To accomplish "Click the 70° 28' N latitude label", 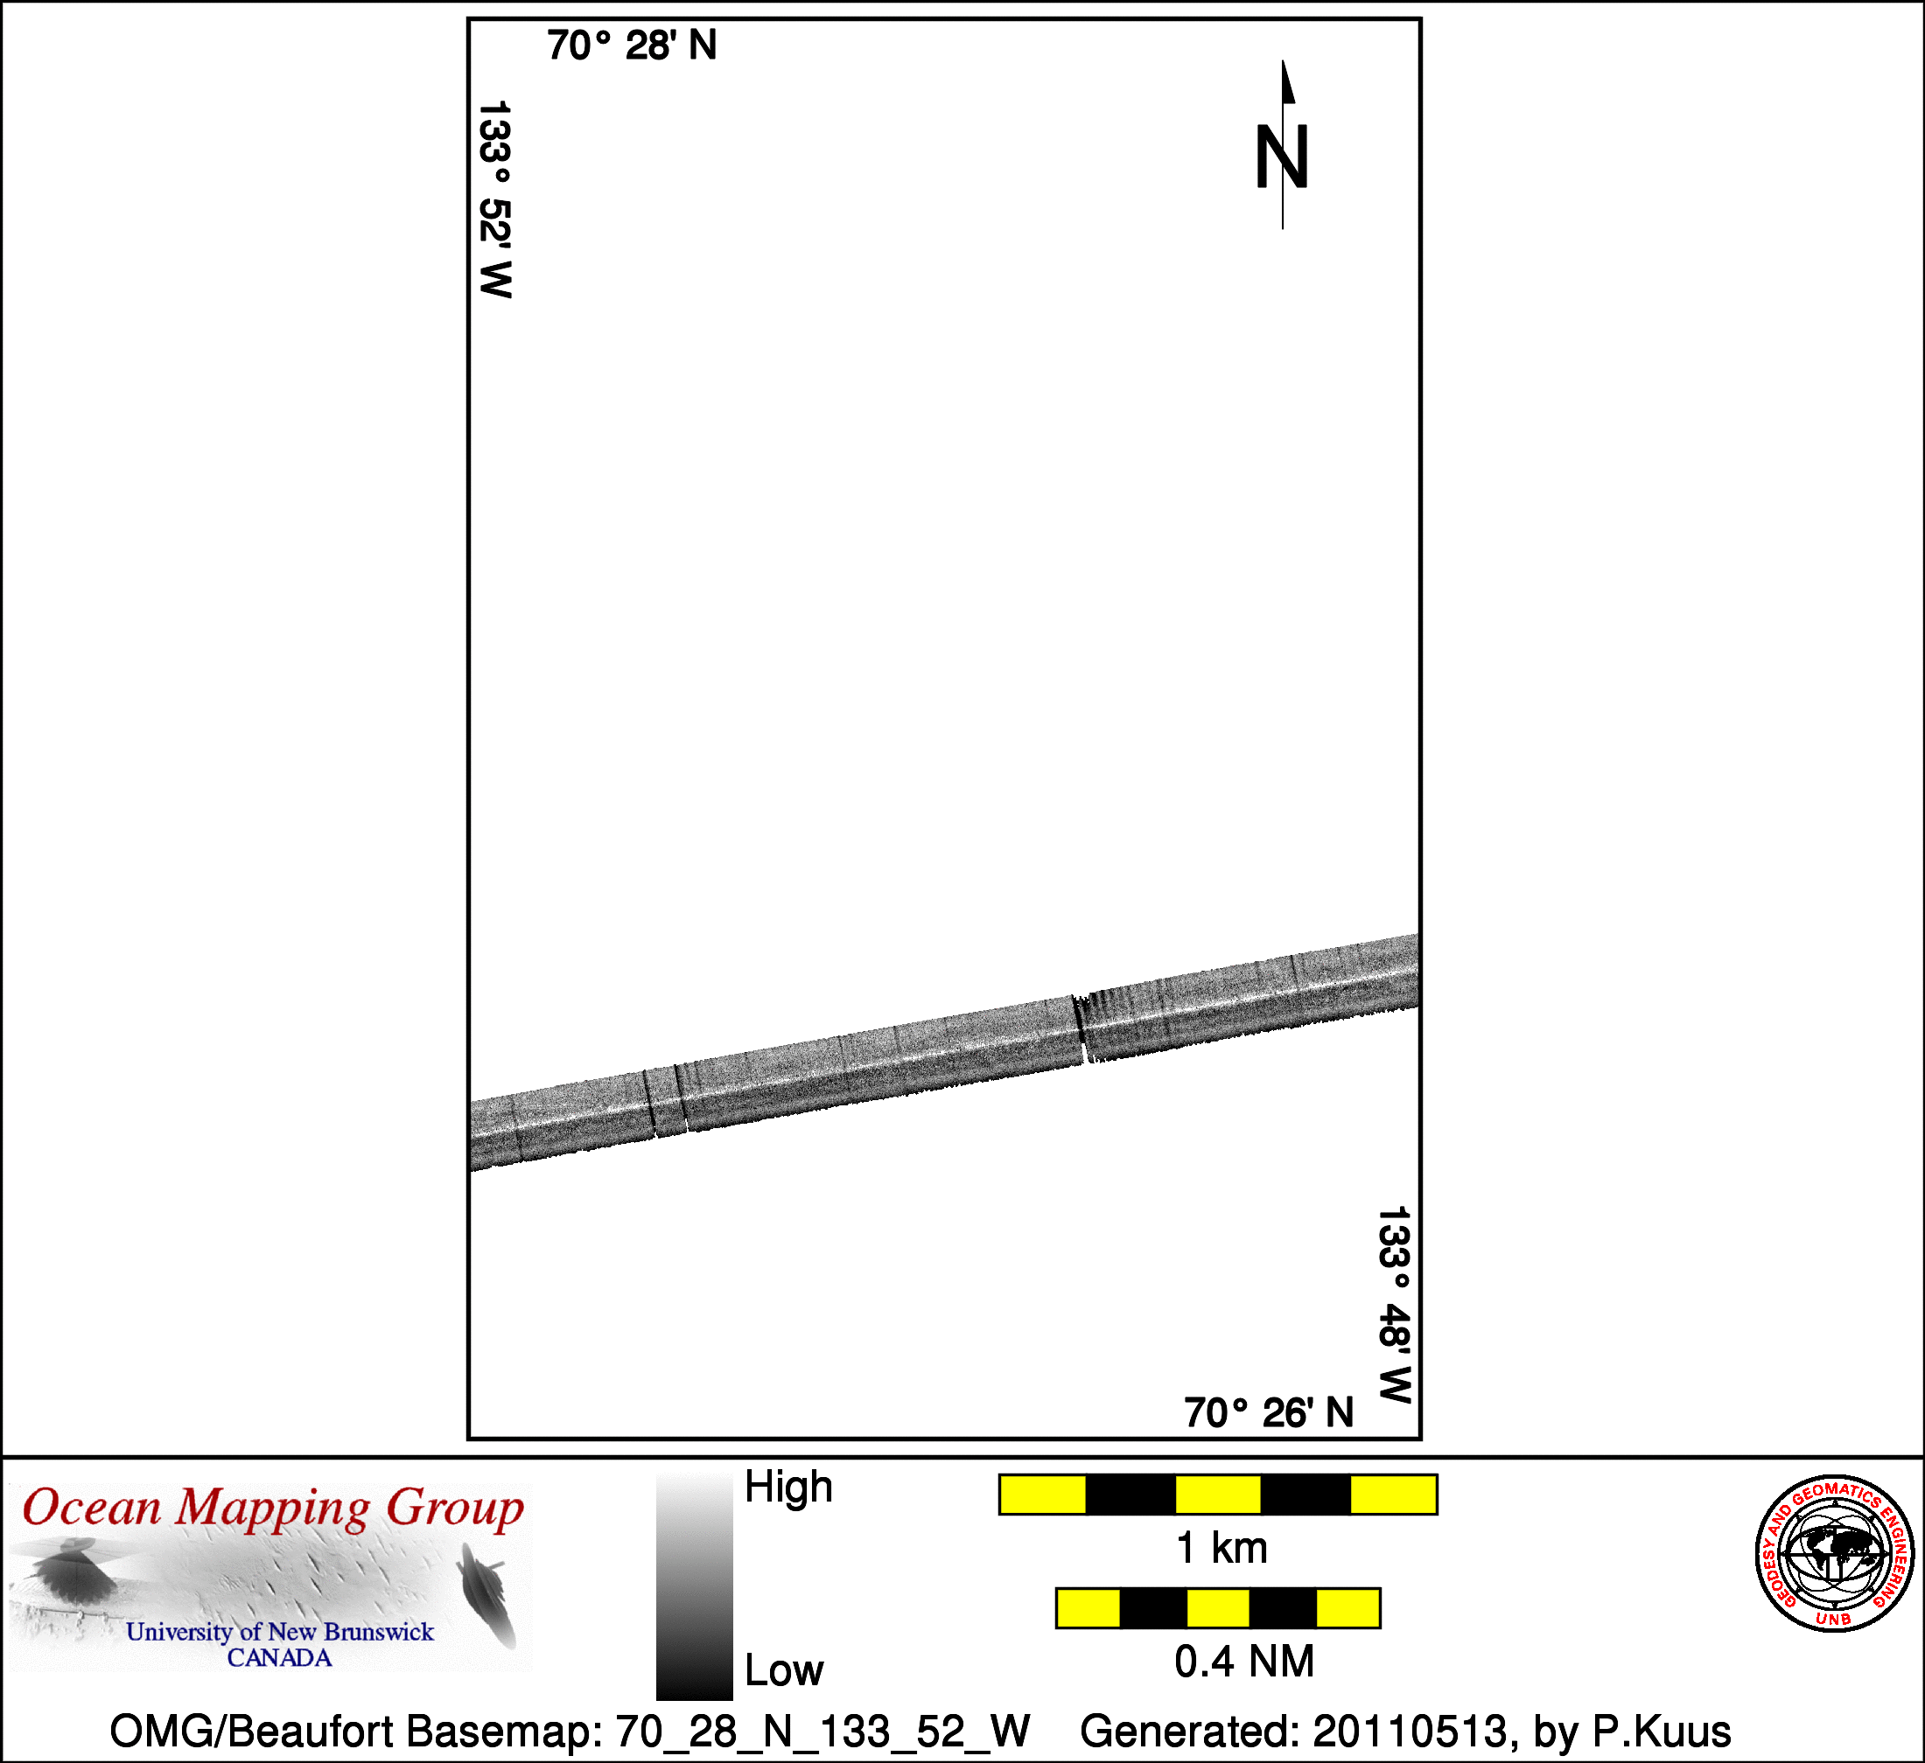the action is (631, 45).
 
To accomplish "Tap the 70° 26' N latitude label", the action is (1269, 1412).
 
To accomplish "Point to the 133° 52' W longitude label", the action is (494, 199).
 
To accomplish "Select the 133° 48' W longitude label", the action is (1393, 1305).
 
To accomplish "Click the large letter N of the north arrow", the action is (1281, 157).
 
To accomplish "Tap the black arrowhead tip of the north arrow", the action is (1284, 61).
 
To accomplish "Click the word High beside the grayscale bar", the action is (788, 1488).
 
